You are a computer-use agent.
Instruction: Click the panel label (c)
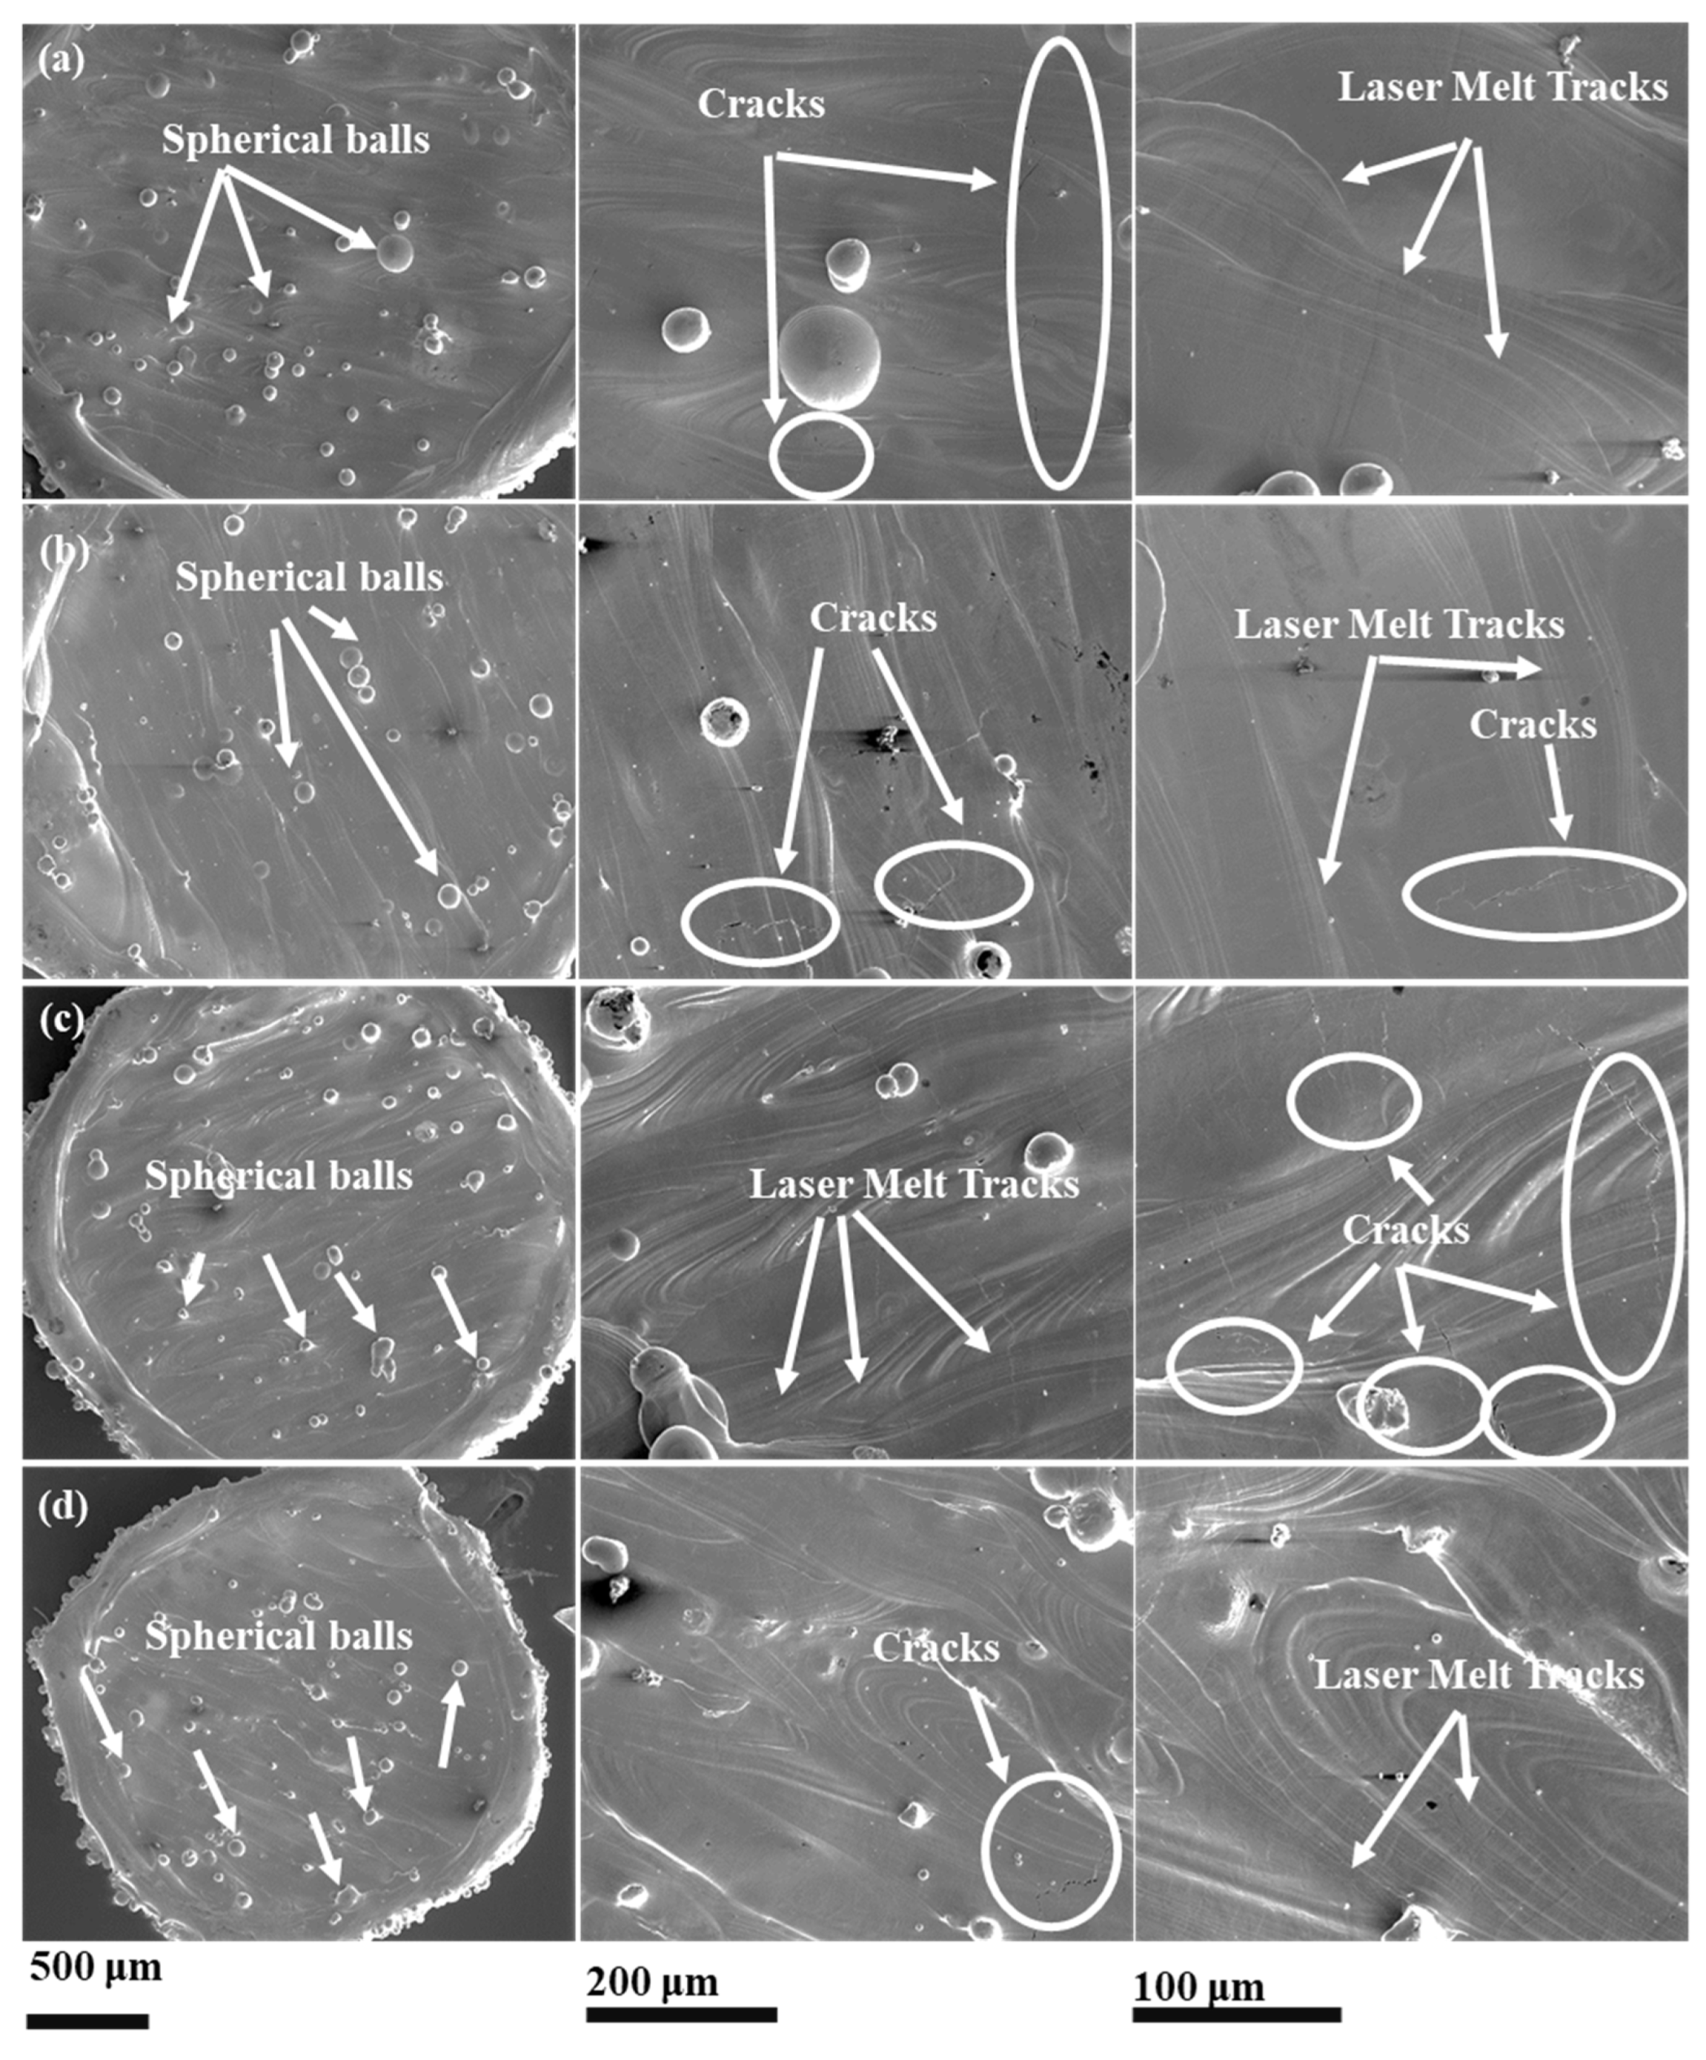tap(61, 1021)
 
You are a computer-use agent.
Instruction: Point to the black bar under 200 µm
tap(681, 2015)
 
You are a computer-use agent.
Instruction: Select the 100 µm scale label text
tap(1199, 1985)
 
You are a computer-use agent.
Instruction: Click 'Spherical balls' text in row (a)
tap(295, 139)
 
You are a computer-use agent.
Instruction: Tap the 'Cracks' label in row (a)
tap(760, 104)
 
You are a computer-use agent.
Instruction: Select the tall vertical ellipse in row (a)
tap(1058, 263)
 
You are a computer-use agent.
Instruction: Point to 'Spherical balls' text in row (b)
tap(309, 577)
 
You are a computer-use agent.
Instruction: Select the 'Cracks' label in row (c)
tap(1405, 1230)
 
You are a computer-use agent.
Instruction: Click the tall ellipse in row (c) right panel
tap(1622, 1217)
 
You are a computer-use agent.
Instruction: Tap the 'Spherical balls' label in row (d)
tap(279, 1636)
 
